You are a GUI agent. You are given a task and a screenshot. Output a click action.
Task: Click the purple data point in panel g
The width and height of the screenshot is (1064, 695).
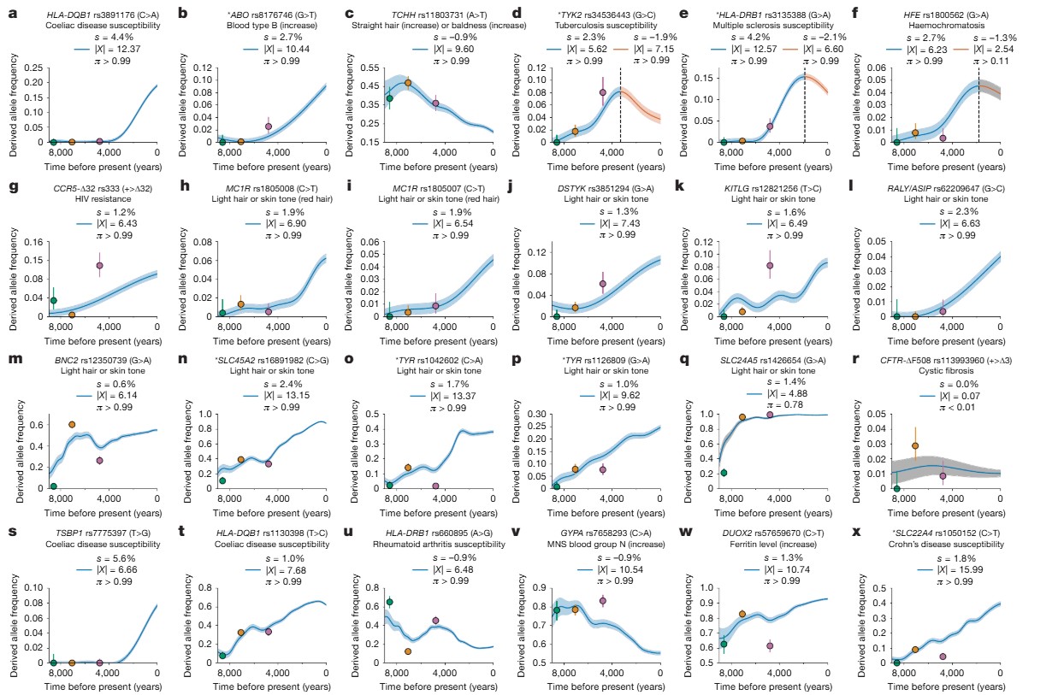(x=99, y=265)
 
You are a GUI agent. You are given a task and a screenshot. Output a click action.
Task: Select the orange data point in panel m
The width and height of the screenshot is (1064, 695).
(x=72, y=424)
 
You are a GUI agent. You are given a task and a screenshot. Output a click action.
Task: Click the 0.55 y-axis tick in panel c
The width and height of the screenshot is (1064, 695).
(x=369, y=66)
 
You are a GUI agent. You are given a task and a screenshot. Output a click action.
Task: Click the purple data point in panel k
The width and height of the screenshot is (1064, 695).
(x=770, y=265)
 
